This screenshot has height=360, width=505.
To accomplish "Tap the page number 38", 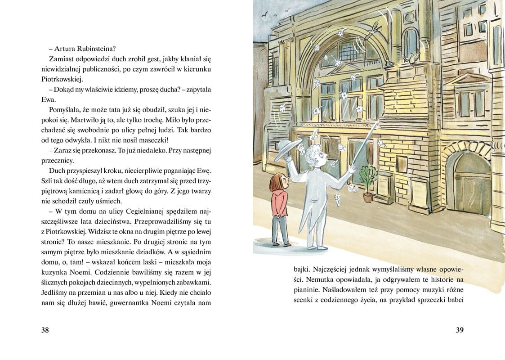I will [x=45, y=330].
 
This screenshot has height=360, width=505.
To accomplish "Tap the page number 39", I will [x=459, y=330].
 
